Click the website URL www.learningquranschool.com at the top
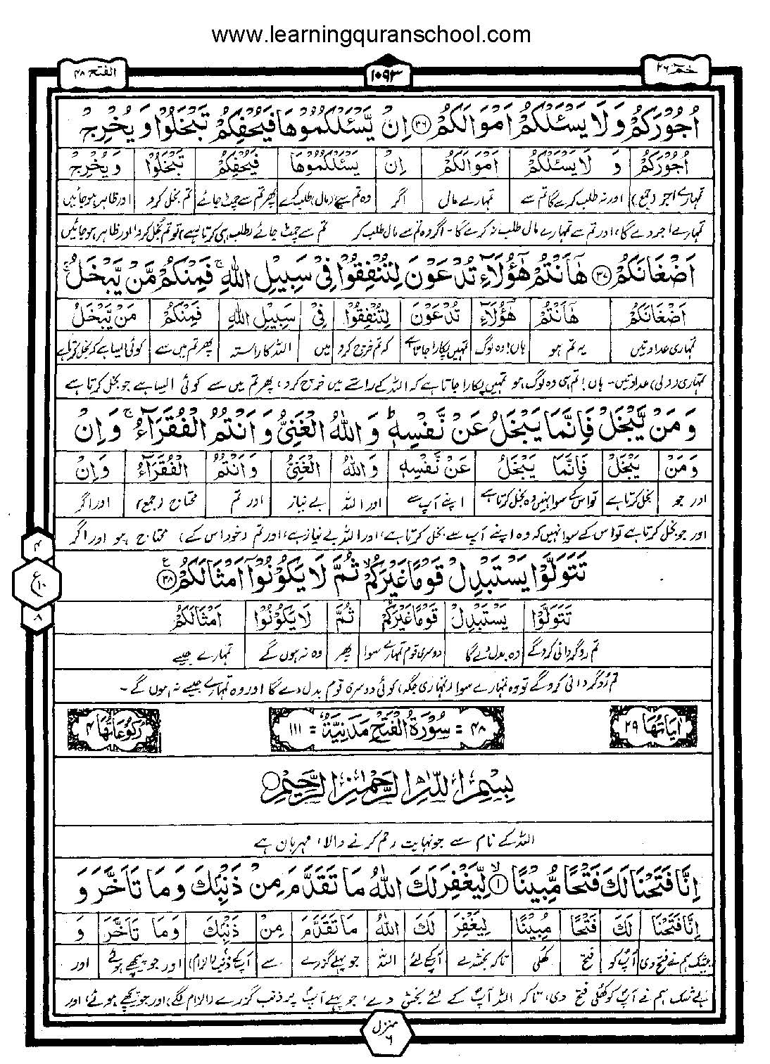click(371, 33)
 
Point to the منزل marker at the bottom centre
click(386, 1033)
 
